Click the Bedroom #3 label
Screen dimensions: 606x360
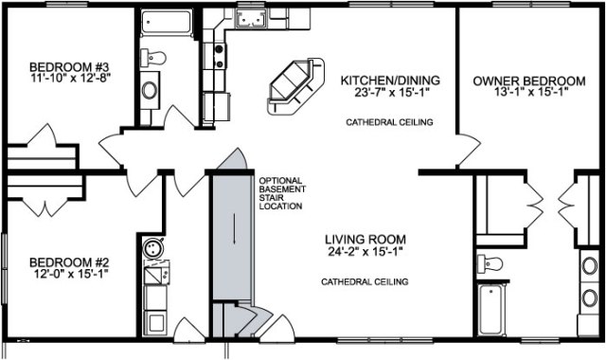point(71,66)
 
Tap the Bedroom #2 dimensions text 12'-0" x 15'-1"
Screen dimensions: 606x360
point(70,274)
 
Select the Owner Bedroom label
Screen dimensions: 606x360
point(529,81)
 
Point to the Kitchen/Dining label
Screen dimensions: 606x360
point(390,80)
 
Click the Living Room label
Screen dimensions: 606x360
point(365,240)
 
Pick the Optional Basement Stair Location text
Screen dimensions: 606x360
point(282,193)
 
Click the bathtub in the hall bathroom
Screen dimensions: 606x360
point(167,23)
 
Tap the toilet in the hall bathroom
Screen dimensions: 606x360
point(153,58)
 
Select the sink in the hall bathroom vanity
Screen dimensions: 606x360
point(150,91)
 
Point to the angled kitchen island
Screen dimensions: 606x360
point(295,86)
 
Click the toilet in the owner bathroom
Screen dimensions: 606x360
point(490,263)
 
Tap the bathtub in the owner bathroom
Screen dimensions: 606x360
point(490,310)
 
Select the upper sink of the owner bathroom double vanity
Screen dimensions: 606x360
point(590,266)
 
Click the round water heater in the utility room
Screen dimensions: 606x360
point(153,248)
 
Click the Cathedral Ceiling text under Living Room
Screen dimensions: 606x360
point(365,282)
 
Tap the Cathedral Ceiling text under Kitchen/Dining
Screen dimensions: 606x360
point(389,122)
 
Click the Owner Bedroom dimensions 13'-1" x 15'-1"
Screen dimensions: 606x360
point(529,92)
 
